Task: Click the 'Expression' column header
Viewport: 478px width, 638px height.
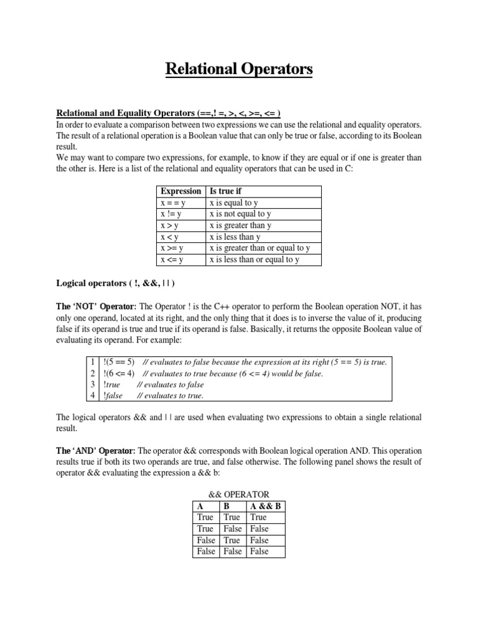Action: pos(180,191)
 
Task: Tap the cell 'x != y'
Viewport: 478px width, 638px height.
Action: pos(171,214)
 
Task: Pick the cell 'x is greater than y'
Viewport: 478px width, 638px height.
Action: pos(240,226)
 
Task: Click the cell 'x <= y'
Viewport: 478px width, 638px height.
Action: pos(172,260)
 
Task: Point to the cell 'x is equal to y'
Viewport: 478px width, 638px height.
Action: pos(233,202)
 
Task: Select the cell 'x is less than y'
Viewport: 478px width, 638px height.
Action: pos(235,237)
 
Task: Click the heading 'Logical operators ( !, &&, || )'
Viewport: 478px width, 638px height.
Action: pos(116,283)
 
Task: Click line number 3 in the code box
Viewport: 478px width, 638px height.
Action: pos(91,384)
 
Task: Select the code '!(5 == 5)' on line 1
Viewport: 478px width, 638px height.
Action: pos(117,362)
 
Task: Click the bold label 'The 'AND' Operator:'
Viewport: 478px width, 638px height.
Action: pos(96,450)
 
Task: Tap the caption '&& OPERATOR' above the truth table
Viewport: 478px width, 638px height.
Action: pos(239,494)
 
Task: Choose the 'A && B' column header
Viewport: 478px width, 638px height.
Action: pos(265,506)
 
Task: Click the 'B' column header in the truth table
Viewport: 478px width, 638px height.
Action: pos(227,506)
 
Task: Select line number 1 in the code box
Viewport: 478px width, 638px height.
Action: pos(91,362)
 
